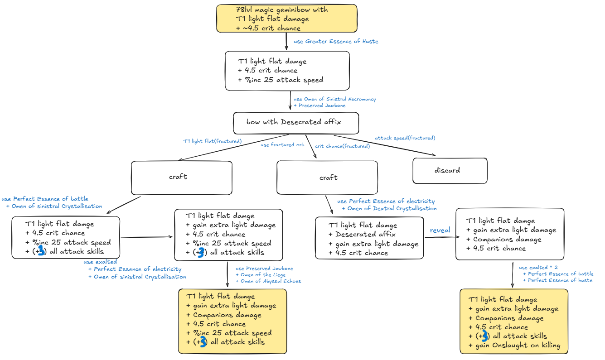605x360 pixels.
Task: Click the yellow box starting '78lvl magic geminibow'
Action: coord(286,19)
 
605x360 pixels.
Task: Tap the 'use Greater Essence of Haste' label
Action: coord(336,41)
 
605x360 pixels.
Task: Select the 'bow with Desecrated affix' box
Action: coord(295,122)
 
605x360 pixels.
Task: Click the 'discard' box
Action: coord(450,170)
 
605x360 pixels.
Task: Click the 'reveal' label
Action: coord(440,230)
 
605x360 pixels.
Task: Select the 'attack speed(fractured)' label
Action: coord(405,138)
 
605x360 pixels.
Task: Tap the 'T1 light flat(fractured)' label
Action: coord(212,141)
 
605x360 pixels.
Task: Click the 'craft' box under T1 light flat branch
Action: coord(181,177)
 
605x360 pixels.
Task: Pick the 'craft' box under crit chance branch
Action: coord(327,178)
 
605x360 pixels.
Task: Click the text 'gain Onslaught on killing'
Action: coord(518,345)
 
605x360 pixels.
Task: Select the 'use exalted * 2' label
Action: coord(538,268)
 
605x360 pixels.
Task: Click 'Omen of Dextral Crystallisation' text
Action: coord(392,208)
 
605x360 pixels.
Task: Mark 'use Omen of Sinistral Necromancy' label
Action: coord(334,99)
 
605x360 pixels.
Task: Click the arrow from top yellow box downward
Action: coord(286,42)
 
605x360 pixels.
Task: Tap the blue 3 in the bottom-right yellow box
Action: coord(485,336)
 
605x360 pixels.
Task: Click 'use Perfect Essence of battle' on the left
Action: coord(45,199)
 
